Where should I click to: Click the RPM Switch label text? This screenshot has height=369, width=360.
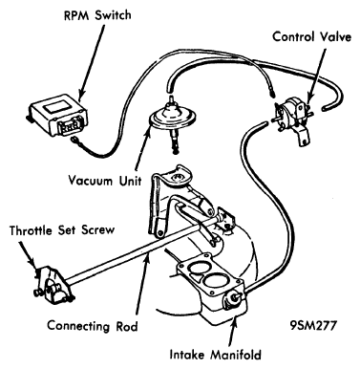point(97,15)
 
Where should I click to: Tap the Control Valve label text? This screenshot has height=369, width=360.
point(312,36)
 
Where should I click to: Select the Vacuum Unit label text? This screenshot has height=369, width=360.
point(105,181)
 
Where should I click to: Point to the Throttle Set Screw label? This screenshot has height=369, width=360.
point(62,230)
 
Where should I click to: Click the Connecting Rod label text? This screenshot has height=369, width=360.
point(93,326)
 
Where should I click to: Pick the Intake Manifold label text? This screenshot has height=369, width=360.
point(216,355)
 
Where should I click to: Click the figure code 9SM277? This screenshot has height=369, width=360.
point(313,325)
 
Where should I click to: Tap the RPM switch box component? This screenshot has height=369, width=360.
point(57,113)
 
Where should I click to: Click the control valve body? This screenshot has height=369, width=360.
point(294,112)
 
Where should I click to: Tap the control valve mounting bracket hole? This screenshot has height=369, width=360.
point(306,140)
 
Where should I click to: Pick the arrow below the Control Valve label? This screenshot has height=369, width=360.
point(317,73)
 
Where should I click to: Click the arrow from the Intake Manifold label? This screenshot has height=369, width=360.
point(232,331)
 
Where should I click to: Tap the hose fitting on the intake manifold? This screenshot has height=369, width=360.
point(231,300)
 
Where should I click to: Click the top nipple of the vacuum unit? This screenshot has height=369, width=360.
point(172,99)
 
